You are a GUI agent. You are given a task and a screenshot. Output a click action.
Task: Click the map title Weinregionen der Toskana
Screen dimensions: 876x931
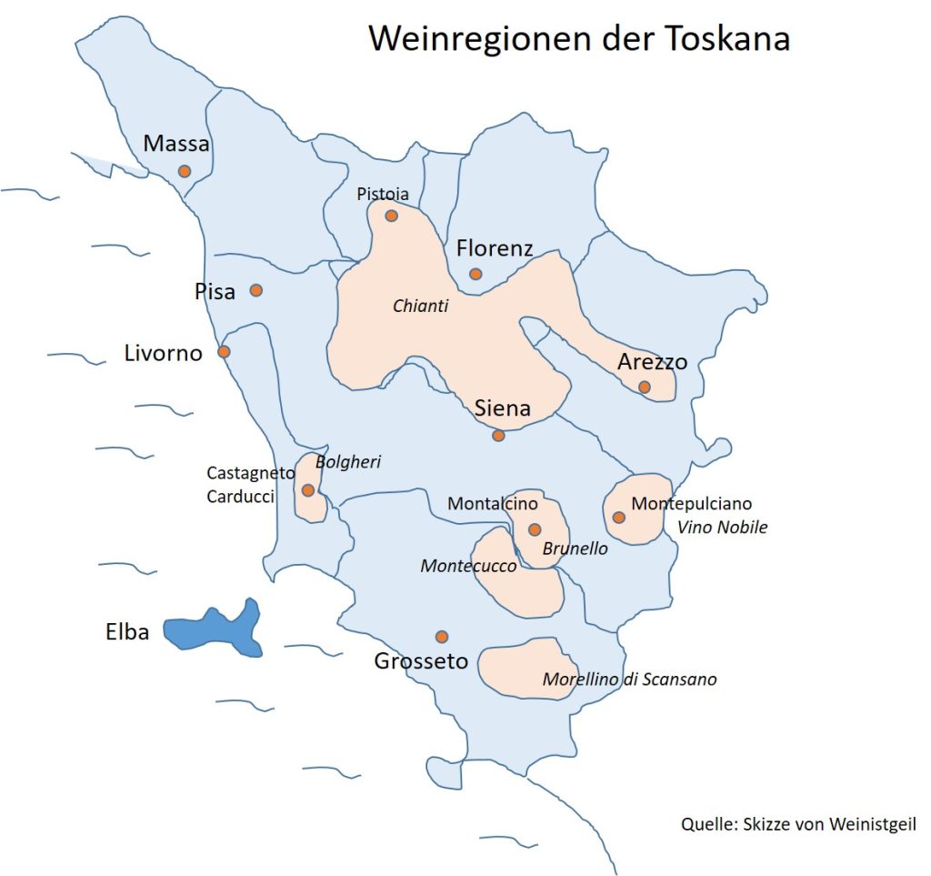point(578,39)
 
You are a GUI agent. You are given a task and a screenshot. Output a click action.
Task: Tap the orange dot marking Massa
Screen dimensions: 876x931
point(185,171)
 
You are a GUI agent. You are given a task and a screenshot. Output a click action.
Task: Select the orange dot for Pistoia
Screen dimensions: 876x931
point(391,216)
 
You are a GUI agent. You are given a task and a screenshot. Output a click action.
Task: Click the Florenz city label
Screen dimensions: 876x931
point(495,248)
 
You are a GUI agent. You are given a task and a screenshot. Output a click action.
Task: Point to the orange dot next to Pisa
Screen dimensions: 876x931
point(256,290)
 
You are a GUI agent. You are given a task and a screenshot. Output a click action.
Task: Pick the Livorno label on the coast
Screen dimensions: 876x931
point(164,353)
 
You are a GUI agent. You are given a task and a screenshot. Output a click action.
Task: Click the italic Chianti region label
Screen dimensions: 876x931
point(421,307)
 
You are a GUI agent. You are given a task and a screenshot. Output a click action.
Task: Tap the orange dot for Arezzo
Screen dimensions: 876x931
point(645,387)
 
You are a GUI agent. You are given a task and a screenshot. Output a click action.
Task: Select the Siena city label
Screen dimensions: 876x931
point(503,408)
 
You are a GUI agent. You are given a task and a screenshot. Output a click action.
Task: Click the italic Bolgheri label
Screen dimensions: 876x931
point(348,462)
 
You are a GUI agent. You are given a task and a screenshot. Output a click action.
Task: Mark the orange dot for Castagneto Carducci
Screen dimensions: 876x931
point(308,490)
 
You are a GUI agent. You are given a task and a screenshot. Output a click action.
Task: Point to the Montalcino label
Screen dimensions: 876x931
point(494,504)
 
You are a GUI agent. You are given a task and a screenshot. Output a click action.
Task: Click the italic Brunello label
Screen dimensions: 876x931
point(575,549)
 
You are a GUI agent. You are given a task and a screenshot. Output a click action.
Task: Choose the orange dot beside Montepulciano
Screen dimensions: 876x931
point(619,518)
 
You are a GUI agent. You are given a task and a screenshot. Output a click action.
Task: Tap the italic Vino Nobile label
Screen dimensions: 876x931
point(723,528)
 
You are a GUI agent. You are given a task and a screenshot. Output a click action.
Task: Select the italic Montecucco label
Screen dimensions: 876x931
point(468,567)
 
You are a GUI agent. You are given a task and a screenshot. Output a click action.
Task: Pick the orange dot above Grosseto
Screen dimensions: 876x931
point(442,637)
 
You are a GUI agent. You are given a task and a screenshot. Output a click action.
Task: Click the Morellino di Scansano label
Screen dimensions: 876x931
point(629,680)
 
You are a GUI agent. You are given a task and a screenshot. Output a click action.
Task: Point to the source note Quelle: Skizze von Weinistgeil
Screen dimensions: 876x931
point(798,824)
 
